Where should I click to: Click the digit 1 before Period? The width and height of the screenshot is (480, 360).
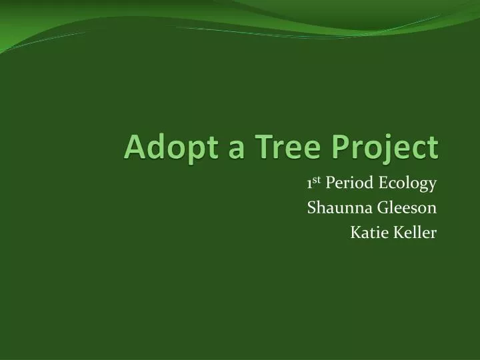pyautogui.click(x=310, y=183)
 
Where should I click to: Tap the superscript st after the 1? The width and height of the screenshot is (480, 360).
pyautogui.click(x=318, y=180)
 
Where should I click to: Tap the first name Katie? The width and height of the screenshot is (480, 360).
pyautogui.click(x=367, y=232)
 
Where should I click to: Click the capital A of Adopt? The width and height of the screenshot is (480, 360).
pyautogui.click(x=133, y=147)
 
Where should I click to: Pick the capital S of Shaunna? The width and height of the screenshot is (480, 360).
pyautogui.click(x=311, y=208)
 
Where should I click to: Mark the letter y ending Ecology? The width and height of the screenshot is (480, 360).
pyautogui.click(x=433, y=186)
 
